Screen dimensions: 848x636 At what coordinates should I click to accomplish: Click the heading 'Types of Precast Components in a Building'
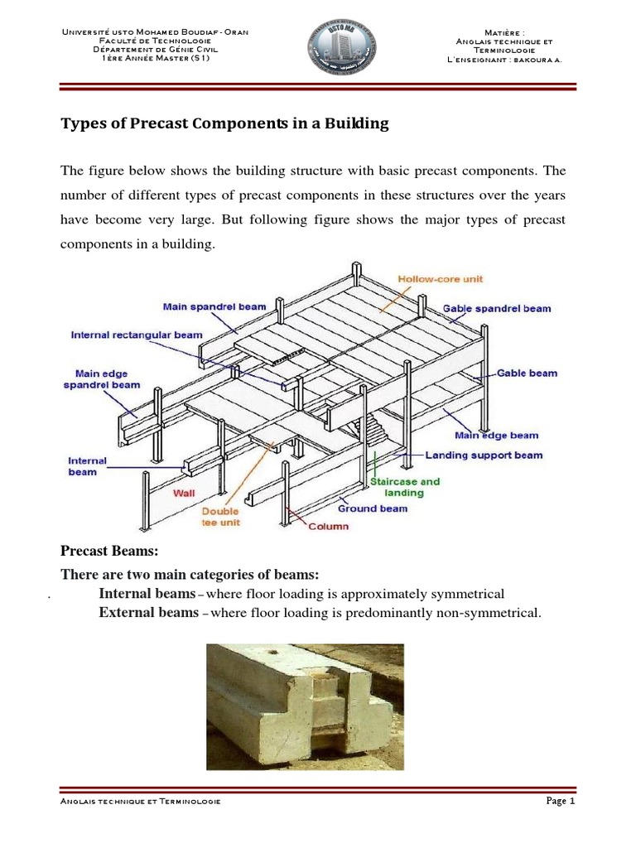tap(225, 124)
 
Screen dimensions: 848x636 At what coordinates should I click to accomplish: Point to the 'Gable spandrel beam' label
tap(497, 308)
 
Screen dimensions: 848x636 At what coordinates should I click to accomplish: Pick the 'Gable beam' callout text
tap(527, 373)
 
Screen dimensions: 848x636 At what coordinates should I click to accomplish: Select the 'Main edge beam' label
tap(496, 435)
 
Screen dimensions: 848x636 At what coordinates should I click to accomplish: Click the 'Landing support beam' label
tap(484, 455)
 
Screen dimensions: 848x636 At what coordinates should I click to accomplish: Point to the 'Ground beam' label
tap(373, 508)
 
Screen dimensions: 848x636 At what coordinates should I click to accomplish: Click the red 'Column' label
tap(329, 527)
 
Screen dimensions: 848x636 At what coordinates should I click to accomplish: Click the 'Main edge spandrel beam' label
tap(102, 379)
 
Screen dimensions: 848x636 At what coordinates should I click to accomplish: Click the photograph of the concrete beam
tap(306, 706)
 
